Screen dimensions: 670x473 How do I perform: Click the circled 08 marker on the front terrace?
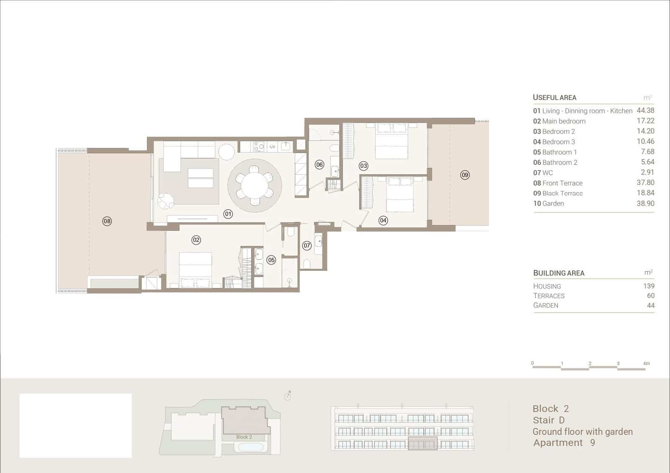click(x=107, y=221)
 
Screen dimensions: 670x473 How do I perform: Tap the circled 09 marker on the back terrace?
click(x=465, y=175)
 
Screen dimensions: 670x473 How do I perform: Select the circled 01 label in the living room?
click(x=228, y=214)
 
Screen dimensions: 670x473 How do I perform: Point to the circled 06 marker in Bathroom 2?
click(x=320, y=165)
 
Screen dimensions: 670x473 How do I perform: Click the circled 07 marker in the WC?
click(x=307, y=245)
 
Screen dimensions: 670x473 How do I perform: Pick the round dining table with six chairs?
click(x=254, y=186)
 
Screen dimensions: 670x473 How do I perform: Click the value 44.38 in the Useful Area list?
click(x=645, y=111)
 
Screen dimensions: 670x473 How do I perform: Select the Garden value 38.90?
click(x=645, y=203)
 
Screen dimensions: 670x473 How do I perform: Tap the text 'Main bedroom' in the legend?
click(x=564, y=121)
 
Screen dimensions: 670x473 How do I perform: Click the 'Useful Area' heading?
click(x=554, y=98)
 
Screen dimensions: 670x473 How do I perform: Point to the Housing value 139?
click(x=649, y=286)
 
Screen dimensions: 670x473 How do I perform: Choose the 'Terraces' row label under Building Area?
click(x=549, y=296)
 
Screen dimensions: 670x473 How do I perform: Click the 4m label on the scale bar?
click(x=647, y=363)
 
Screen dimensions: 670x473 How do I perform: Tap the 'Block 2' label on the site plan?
click(x=244, y=437)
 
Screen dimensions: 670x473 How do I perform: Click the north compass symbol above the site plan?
click(x=288, y=396)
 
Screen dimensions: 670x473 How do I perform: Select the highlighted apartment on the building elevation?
click(x=423, y=443)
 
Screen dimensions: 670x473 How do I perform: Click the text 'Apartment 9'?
click(x=564, y=442)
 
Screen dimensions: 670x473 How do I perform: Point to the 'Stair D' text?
click(x=549, y=420)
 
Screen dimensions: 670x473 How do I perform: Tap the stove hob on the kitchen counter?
click(x=259, y=147)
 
